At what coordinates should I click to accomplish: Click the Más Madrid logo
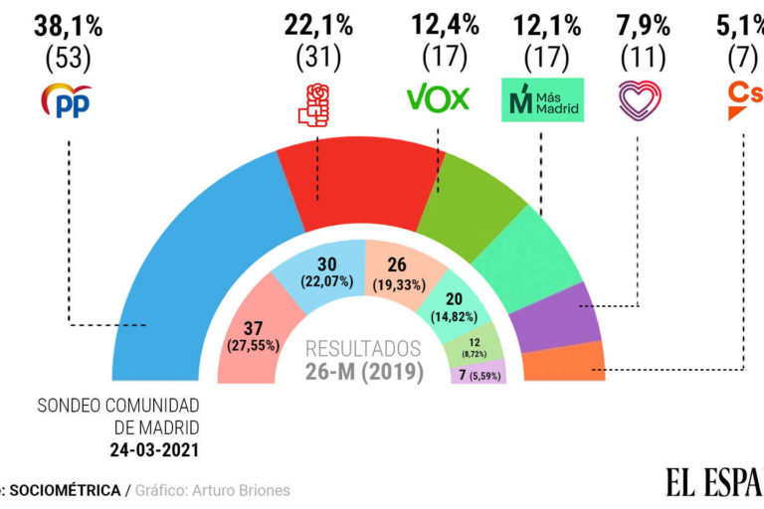click(541, 100)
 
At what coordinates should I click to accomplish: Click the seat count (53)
click(68, 59)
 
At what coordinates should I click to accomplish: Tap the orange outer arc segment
click(578, 363)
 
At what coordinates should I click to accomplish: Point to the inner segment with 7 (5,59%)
click(477, 374)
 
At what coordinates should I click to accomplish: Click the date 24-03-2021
click(153, 449)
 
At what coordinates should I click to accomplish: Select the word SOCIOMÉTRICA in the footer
click(66, 490)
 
